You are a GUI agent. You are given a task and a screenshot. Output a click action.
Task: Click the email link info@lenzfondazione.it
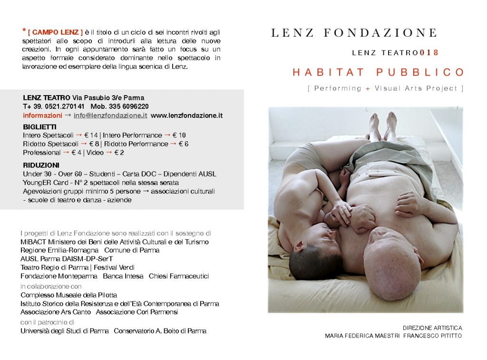110,116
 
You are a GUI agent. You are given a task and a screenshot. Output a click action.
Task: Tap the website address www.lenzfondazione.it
187,116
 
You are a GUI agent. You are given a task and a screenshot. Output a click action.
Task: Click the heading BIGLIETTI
40,127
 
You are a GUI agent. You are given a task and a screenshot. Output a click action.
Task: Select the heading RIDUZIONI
41,165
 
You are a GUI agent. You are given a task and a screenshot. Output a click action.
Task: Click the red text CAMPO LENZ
56,32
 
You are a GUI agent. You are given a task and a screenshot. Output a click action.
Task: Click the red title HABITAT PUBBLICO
378,72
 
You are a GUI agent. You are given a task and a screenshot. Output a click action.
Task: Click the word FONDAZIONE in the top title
380,33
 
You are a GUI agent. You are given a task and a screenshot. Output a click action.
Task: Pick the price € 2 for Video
123,153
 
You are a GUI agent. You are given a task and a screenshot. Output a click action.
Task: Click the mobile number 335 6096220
128,107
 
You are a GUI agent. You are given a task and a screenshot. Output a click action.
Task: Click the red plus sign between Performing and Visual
368,88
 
